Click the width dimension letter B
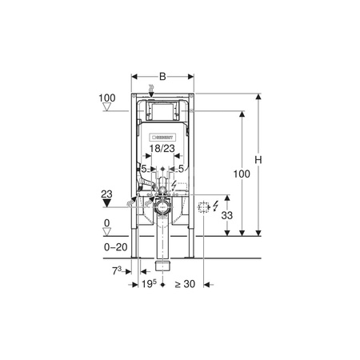point(162,77)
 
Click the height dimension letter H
point(258,160)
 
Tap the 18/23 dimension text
point(162,149)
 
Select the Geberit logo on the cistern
point(162,138)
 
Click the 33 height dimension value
point(227,215)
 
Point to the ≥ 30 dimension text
point(185,284)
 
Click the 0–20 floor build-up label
point(116,247)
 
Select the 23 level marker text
point(106,194)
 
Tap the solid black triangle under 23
point(106,203)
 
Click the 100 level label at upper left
point(107,98)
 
